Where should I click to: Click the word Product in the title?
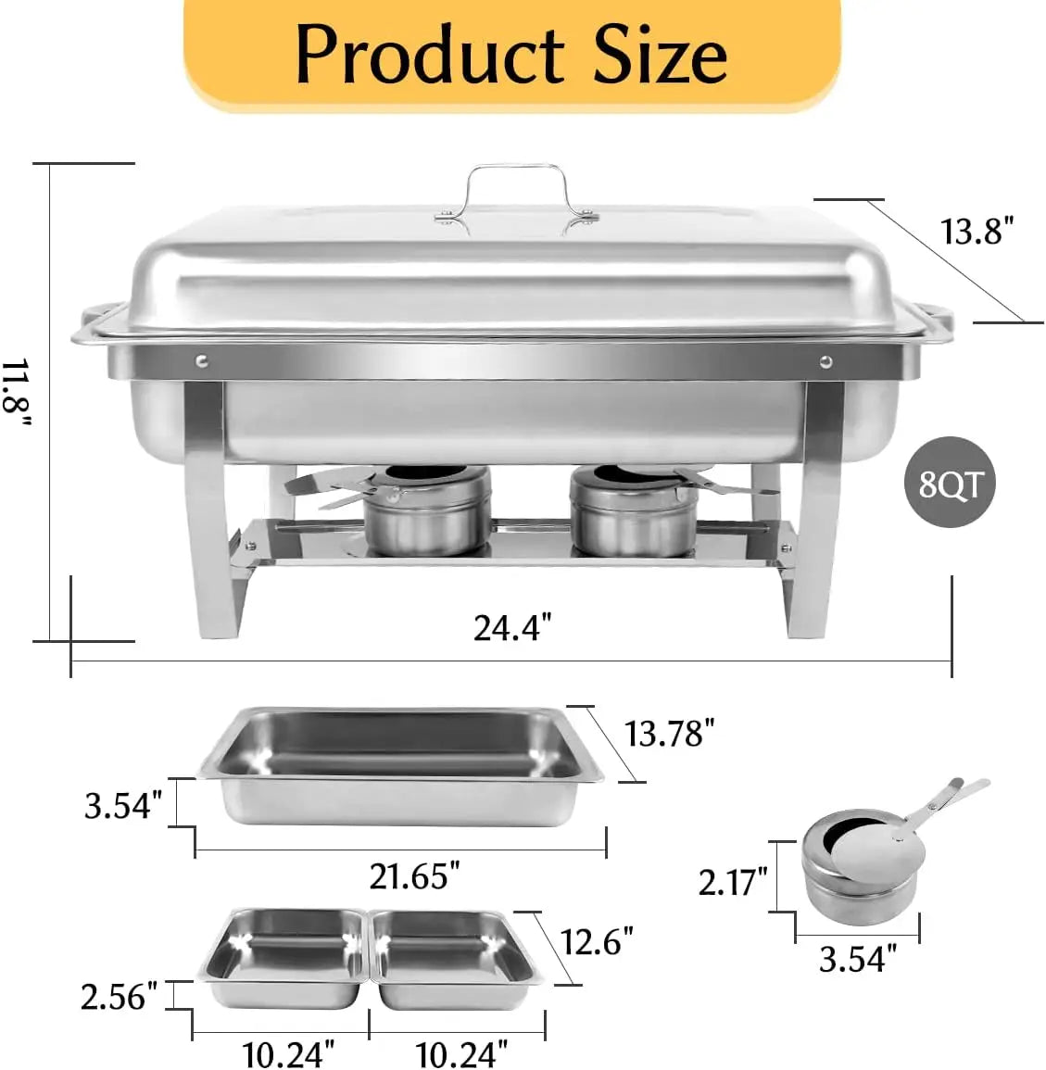(430, 55)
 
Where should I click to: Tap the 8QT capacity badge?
(950, 483)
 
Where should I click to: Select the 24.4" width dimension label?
(511, 628)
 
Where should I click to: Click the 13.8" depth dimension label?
(977, 231)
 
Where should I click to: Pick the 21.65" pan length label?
(415, 875)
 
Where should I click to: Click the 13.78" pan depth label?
(669, 735)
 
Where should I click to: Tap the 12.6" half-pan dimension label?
(597, 942)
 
